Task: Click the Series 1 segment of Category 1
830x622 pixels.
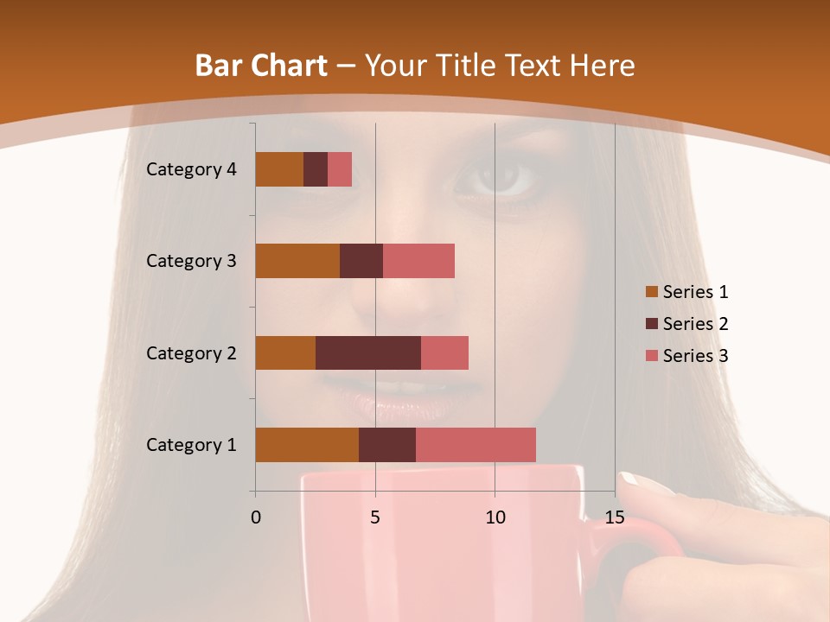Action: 307,445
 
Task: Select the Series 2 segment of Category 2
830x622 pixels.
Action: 368,352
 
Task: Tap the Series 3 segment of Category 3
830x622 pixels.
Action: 418,261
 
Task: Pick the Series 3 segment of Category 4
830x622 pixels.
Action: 340,169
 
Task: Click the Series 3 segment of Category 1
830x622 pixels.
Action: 476,445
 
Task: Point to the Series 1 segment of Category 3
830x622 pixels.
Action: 297,261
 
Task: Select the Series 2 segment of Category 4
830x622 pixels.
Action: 316,169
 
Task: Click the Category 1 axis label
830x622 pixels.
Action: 191,445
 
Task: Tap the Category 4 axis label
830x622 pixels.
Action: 191,169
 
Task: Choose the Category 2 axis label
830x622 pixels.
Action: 191,352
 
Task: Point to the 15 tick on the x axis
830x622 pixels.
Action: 615,517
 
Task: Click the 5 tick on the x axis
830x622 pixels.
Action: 375,517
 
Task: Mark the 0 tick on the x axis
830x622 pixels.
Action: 256,517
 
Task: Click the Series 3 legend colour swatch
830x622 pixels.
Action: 651,356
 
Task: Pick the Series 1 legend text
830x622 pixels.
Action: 695,292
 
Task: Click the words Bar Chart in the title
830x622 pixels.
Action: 261,66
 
